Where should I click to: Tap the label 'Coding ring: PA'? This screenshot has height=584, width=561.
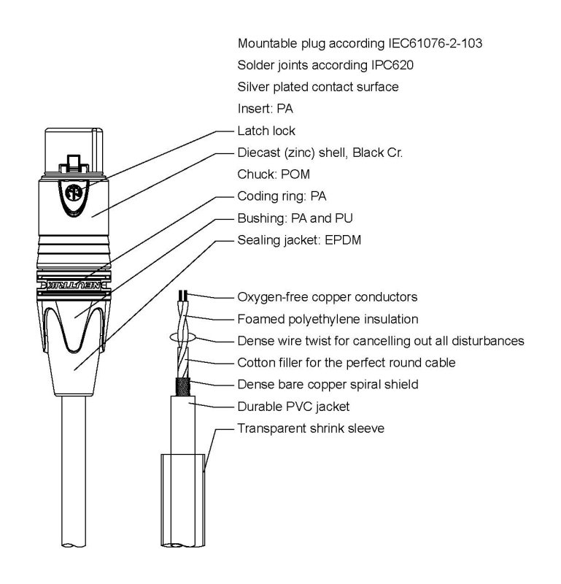(281, 196)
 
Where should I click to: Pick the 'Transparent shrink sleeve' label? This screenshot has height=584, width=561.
(311, 427)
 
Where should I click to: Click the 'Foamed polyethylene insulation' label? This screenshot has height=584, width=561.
(328, 319)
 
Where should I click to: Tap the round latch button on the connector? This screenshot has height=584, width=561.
(73, 195)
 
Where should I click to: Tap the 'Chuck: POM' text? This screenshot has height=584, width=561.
(268, 174)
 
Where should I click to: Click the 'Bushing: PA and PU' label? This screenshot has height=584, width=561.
(290, 218)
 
